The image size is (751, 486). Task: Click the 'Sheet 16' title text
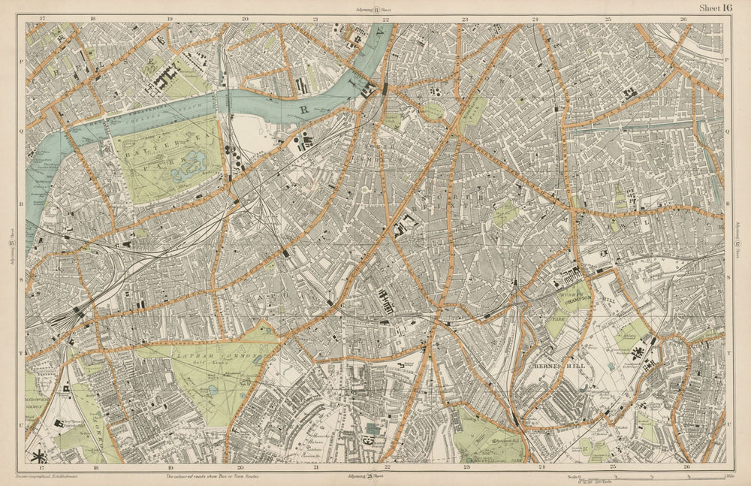[x=715, y=8]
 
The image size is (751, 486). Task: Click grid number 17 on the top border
[x=43, y=19]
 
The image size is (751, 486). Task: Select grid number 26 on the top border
[x=683, y=19]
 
